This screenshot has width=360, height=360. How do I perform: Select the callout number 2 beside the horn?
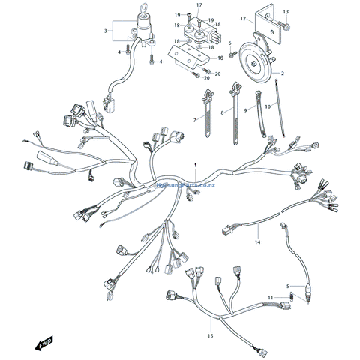click(282, 73)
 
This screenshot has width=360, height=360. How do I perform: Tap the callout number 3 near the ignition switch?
click(106, 31)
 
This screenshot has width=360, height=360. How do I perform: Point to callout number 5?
click(286, 286)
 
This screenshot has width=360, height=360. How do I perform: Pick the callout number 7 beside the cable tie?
click(194, 120)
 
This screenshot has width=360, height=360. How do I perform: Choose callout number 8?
click(222, 113)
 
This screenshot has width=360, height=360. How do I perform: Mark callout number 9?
click(244, 110)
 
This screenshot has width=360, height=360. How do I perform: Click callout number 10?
click(268, 106)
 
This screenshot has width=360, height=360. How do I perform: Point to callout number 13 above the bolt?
click(286, 13)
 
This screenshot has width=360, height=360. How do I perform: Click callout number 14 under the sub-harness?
click(257, 242)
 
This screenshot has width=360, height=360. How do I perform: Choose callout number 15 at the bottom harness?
click(210, 334)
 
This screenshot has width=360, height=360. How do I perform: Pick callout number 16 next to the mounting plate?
click(220, 57)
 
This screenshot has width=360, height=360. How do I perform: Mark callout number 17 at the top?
click(199, 6)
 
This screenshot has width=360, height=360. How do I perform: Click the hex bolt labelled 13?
click(288, 28)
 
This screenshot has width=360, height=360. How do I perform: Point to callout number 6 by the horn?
click(229, 43)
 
